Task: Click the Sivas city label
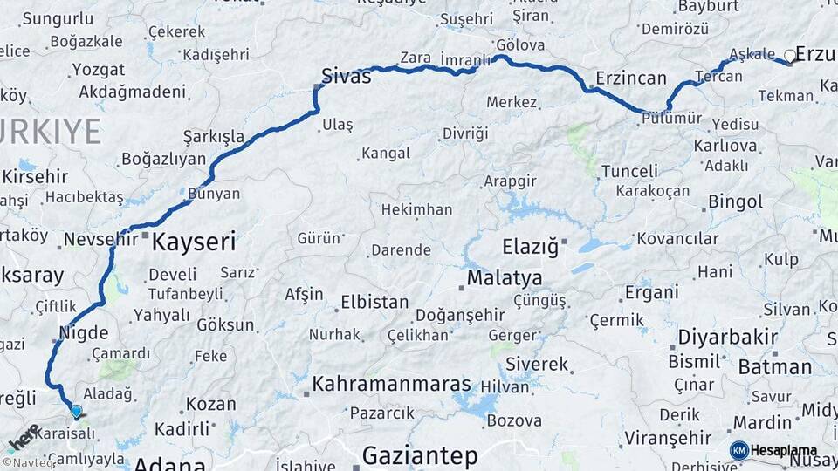pos(347,76)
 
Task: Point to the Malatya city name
pos(505,278)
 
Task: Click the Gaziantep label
pos(420,455)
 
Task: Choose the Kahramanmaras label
pos(392,385)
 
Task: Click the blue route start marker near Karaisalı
pos(76,411)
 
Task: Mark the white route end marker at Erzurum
pos(790,56)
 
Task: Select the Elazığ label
pos(530,247)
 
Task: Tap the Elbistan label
pos(374,303)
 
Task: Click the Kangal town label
pos(386,154)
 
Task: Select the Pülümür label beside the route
pos(670,119)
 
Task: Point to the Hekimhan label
pos(416,209)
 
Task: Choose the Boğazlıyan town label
pos(163,159)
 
